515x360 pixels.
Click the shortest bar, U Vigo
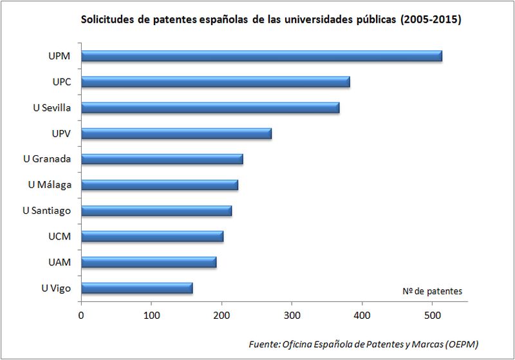pyautogui.click(x=136, y=288)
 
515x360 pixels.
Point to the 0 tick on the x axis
pyautogui.click(x=81, y=316)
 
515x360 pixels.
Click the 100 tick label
pyautogui.click(x=151, y=316)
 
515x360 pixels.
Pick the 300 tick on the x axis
pyautogui.click(x=292, y=316)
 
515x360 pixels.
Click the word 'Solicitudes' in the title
pyautogui.click(x=106, y=20)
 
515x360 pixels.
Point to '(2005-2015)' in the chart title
pyautogui.click(x=431, y=20)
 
